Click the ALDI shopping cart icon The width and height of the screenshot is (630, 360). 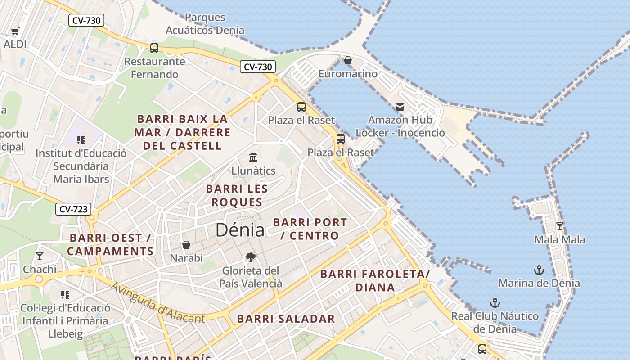point(15,31)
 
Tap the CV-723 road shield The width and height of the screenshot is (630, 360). point(74,209)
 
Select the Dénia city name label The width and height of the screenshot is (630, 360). point(240,230)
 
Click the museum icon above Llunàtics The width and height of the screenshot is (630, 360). point(253,157)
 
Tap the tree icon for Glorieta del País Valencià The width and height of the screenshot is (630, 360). point(251,257)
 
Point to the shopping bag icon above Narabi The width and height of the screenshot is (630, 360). point(186,245)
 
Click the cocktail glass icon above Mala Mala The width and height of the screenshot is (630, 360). point(560,226)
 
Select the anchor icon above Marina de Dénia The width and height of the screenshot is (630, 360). point(539,270)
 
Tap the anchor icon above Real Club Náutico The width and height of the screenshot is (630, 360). point(495,302)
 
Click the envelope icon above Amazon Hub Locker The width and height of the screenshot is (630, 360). point(400,107)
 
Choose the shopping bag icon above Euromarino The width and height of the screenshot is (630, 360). point(348,60)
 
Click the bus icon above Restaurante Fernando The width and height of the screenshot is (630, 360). point(154,48)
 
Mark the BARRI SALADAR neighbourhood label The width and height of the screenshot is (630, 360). point(286,319)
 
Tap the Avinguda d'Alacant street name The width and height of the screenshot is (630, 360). point(157,303)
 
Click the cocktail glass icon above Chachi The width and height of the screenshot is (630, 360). point(40,256)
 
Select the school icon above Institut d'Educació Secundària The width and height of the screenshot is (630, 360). point(81,140)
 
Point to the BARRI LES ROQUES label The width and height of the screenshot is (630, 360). point(237,195)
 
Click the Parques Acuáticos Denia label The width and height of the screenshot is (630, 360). point(205,24)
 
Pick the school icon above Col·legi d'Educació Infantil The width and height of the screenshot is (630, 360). point(65,295)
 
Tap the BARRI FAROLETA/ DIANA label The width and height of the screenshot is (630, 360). point(375,280)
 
